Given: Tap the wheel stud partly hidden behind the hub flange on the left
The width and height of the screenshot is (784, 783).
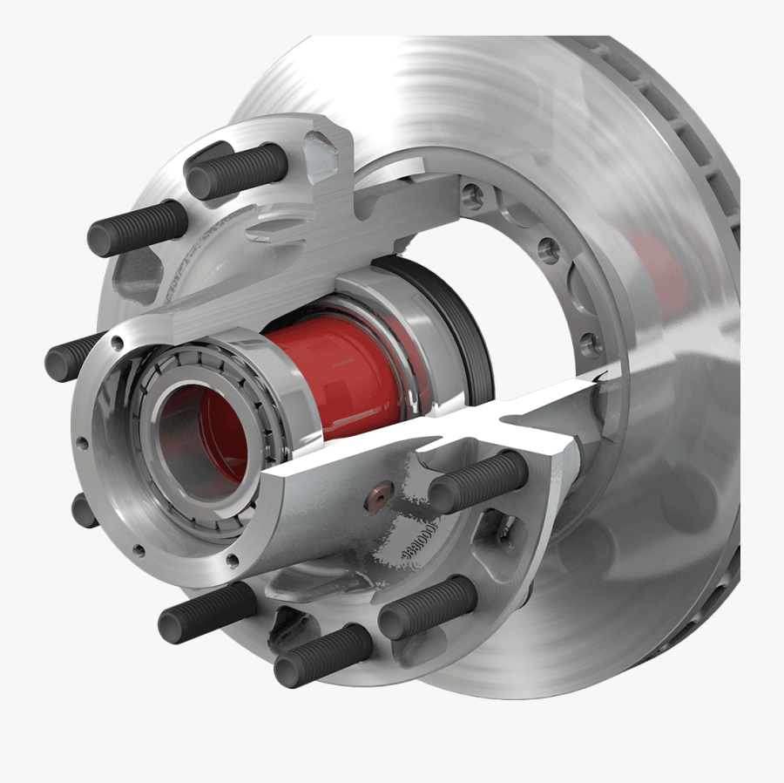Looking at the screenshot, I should pos(73,355).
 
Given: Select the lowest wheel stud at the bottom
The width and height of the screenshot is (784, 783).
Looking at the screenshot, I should pos(322,655).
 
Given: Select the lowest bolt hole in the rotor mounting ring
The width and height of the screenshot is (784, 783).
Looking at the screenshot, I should pos(593,343).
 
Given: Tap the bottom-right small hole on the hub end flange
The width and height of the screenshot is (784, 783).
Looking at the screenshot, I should pos(232,559).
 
